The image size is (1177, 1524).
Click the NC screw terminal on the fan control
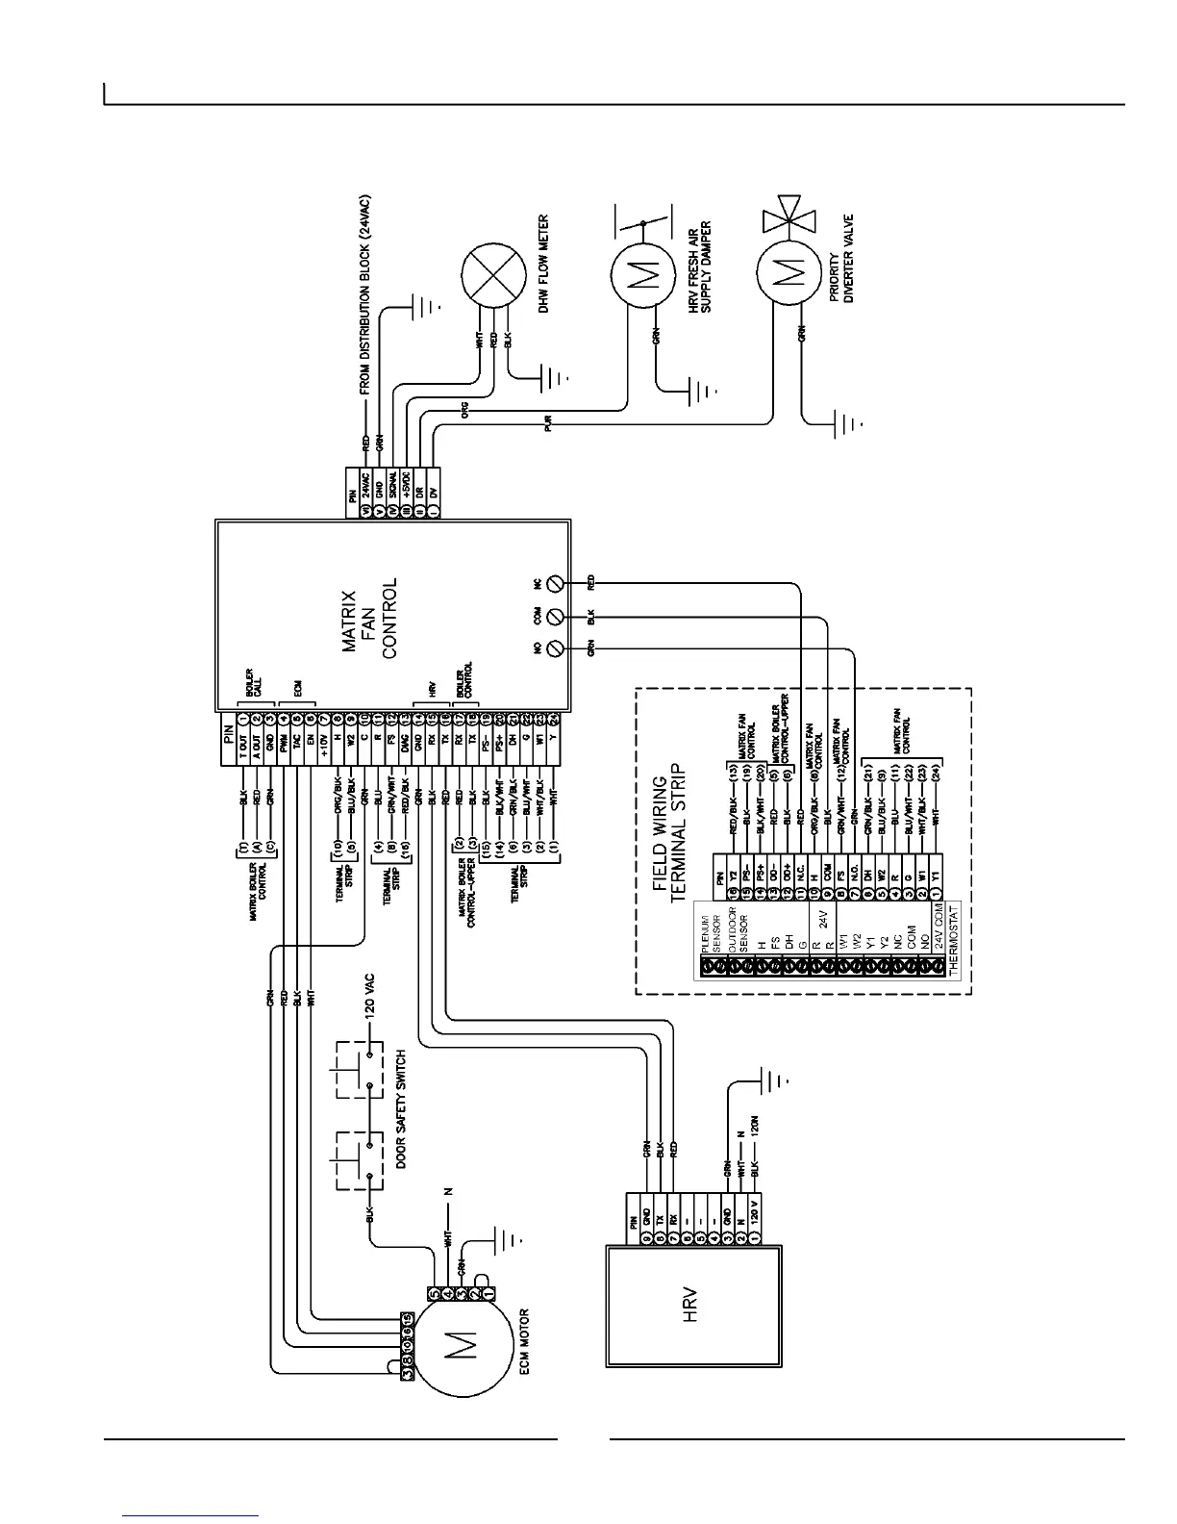tap(554, 583)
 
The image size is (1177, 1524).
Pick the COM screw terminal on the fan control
tap(554, 617)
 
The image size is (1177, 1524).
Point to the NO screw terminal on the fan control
tap(554, 649)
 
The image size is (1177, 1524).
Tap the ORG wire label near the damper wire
tap(464, 411)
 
